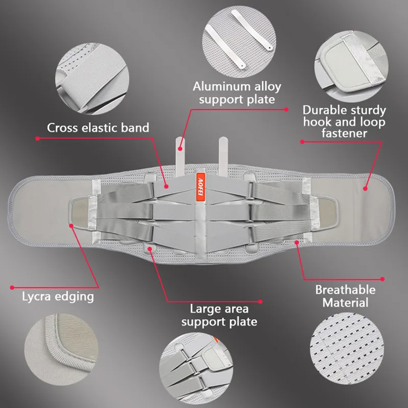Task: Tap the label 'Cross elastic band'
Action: point(98,127)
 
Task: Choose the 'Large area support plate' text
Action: point(219,315)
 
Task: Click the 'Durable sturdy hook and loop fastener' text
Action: point(344,121)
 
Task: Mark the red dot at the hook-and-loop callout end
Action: point(365,188)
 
